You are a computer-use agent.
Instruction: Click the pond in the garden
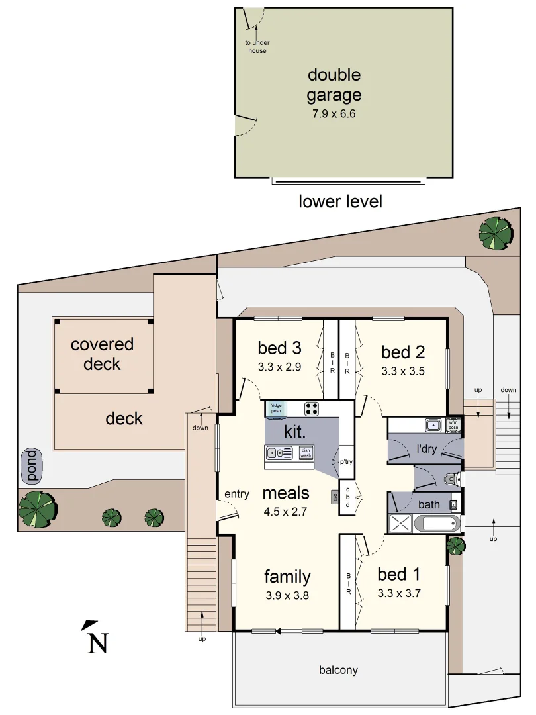[32, 465]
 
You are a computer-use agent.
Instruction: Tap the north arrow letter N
[98, 643]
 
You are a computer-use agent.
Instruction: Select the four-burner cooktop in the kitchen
[312, 408]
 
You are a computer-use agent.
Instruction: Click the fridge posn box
[276, 409]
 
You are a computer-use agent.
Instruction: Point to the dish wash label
[306, 453]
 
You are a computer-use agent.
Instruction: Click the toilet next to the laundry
[452, 479]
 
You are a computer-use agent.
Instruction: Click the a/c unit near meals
[335, 497]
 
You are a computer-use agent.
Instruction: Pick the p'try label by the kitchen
[346, 462]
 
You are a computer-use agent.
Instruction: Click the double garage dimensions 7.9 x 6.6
[334, 114]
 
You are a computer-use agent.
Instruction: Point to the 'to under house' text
[257, 46]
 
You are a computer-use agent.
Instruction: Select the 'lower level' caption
[340, 201]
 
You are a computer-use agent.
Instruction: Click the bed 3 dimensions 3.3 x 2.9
[279, 367]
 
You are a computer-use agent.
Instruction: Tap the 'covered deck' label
[102, 354]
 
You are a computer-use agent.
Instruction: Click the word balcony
[338, 670]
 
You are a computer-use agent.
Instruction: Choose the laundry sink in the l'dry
[433, 426]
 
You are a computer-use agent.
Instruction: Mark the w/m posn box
[453, 425]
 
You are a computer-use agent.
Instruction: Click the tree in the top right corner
[496, 234]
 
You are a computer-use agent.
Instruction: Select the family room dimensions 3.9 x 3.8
[287, 596]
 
